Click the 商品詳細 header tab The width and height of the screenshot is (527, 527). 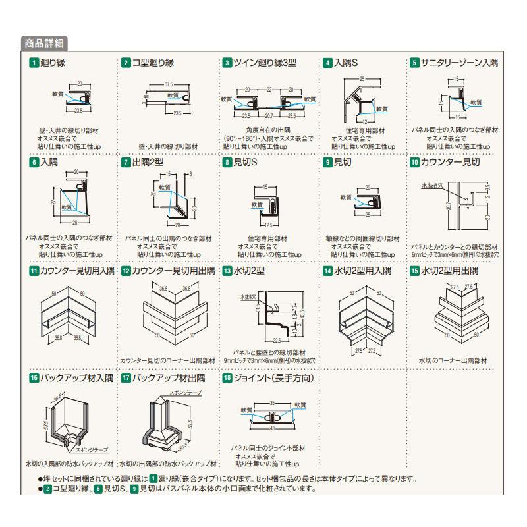pyautogui.click(x=43, y=44)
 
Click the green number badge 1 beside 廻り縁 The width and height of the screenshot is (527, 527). pyautogui.click(x=33, y=63)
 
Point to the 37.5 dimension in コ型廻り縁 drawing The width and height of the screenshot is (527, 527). pyautogui.click(x=168, y=85)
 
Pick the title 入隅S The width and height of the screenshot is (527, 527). pyautogui.click(x=345, y=63)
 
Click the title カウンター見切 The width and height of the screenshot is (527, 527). pyautogui.click(x=454, y=161)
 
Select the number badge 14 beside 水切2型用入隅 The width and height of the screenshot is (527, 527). pyautogui.click(x=327, y=270)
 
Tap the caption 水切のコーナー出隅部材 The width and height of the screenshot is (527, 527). pyautogui.click(x=451, y=360)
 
